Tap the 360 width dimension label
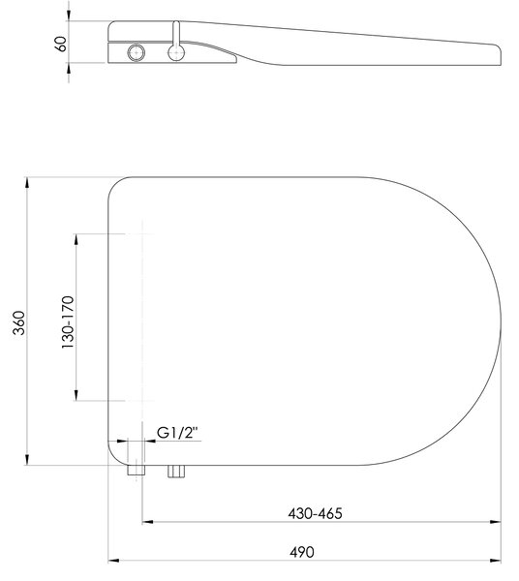point(19,322)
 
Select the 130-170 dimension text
point(68,322)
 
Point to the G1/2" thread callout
point(178,433)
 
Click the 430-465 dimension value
point(316,513)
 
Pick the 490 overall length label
point(302,552)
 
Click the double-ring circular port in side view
point(136,52)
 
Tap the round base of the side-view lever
point(176,52)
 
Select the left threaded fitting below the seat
point(137,470)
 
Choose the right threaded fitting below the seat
point(176,472)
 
